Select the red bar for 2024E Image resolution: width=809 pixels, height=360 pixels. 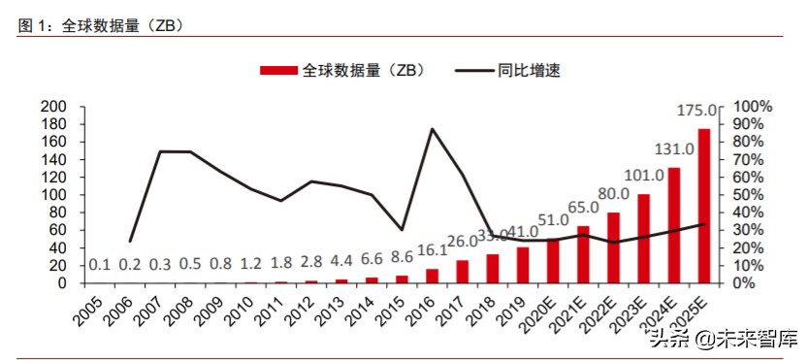click(x=674, y=225)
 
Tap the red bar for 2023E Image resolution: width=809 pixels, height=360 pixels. click(x=644, y=239)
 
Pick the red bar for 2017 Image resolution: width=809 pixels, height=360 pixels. click(x=463, y=272)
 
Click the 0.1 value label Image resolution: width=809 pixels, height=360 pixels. click(x=99, y=264)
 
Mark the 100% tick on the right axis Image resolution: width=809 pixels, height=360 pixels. click(x=753, y=106)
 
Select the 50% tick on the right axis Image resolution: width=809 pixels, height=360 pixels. click(x=749, y=195)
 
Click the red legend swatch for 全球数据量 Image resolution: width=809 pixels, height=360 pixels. click(x=279, y=70)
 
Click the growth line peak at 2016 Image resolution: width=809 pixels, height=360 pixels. click(x=432, y=129)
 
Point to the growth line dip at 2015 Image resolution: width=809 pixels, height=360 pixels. click(x=402, y=229)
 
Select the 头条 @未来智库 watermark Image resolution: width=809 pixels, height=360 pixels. click(x=724, y=339)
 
